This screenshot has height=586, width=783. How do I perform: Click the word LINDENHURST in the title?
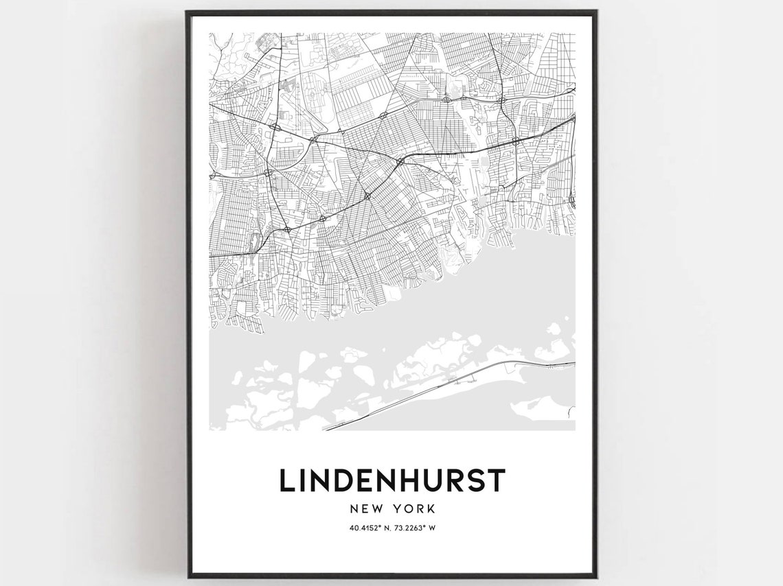click(391, 480)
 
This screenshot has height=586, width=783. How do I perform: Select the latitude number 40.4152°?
click(366, 528)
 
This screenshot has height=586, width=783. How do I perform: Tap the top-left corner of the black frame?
click(187, 12)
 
